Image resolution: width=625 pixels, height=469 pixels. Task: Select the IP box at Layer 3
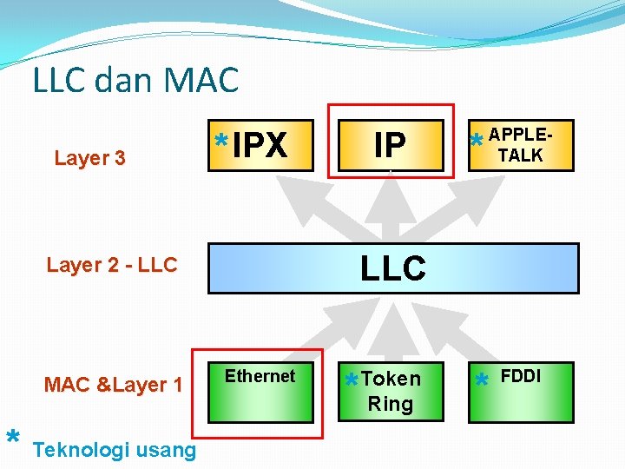(391, 145)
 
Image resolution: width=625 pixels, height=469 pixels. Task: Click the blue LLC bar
(393, 268)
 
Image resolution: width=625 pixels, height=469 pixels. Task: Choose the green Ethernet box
(260, 392)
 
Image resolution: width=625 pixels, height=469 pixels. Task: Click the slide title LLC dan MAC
(135, 81)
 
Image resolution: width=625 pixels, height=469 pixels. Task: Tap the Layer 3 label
(89, 158)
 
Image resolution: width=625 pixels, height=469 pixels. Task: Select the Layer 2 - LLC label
(112, 265)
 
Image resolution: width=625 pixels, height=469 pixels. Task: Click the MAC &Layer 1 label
(114, 384)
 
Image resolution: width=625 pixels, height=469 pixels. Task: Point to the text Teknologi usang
(114, 450)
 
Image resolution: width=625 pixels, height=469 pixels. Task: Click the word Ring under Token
(391, 404)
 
